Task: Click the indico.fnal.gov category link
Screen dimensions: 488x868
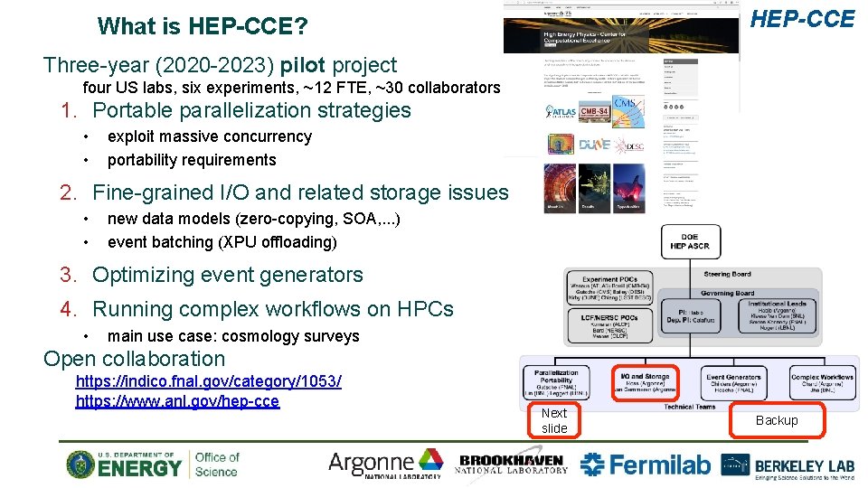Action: (208, 382)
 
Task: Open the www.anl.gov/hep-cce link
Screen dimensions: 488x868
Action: (177, 401)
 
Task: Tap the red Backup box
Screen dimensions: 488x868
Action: (777, 420)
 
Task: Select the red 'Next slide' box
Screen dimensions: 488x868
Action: (554, 420)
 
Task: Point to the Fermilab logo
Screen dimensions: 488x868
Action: (645, 465)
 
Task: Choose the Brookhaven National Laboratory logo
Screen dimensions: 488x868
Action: (513, 464)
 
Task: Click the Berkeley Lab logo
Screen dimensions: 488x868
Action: (788, 465)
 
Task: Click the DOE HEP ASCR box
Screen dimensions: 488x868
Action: (690, 239)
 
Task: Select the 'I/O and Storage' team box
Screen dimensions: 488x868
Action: (645, 383)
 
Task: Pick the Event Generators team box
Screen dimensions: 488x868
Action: (733, 383)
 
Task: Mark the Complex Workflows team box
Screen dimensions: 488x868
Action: (821, 383)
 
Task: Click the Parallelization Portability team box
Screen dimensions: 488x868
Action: (556, 383)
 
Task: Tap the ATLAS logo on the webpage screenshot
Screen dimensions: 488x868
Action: (561, 113)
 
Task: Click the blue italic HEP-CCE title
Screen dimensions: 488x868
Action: (804, 19)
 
